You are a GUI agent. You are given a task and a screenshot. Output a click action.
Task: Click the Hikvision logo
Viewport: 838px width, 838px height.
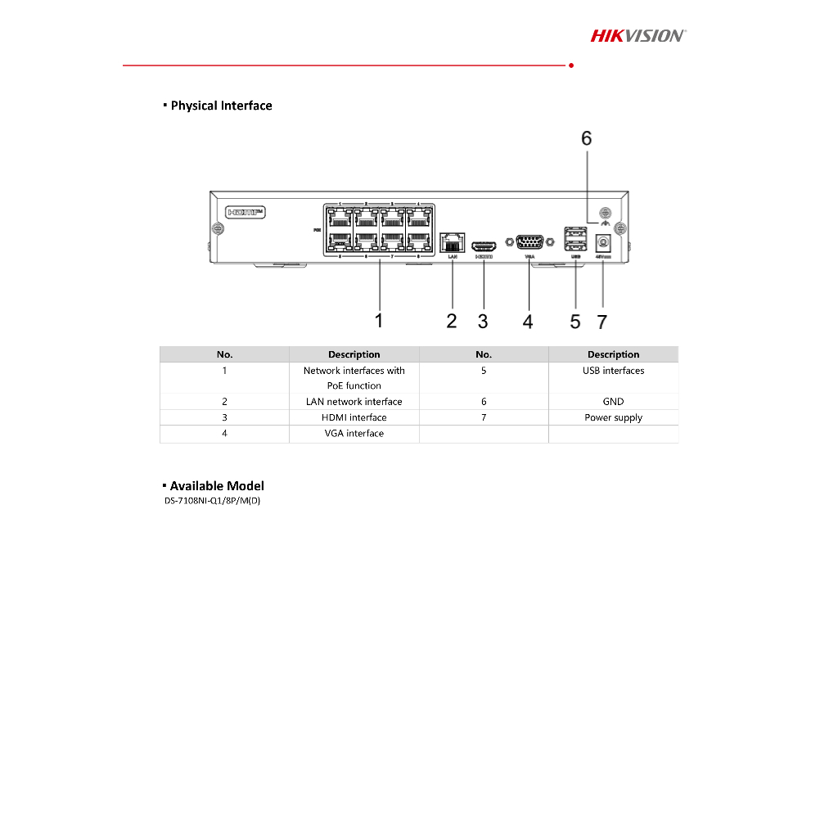pos(638,35)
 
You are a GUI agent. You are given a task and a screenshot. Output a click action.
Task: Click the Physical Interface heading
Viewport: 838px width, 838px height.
pos(221,106)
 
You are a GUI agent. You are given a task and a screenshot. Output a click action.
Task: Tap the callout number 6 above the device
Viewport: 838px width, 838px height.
pos(586,138)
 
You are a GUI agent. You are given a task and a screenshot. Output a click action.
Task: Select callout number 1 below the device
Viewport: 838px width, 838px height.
pos(379,321)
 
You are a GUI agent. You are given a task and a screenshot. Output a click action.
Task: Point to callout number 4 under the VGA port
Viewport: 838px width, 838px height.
pos(528,322)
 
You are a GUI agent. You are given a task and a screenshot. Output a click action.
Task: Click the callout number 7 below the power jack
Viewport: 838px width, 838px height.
pos(602,322)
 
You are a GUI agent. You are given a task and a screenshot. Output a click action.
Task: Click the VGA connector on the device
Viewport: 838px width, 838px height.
pos(530,242)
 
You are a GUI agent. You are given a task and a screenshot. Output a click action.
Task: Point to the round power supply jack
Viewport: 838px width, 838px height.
pos(603,243)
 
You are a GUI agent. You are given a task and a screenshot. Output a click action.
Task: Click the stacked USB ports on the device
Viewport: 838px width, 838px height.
pos(575,240)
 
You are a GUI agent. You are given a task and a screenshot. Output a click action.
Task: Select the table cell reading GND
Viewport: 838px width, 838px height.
pos(613,402)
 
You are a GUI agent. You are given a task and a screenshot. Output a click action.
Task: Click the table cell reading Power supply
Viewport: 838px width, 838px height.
pos(613,417)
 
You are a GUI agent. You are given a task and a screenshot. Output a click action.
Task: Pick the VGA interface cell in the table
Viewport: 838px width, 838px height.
pos(354,433)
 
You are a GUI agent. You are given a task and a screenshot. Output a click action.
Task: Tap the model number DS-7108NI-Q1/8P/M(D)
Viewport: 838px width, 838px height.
pos(212,500)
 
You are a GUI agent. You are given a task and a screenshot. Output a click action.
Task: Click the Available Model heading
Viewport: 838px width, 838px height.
pos(217,486)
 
